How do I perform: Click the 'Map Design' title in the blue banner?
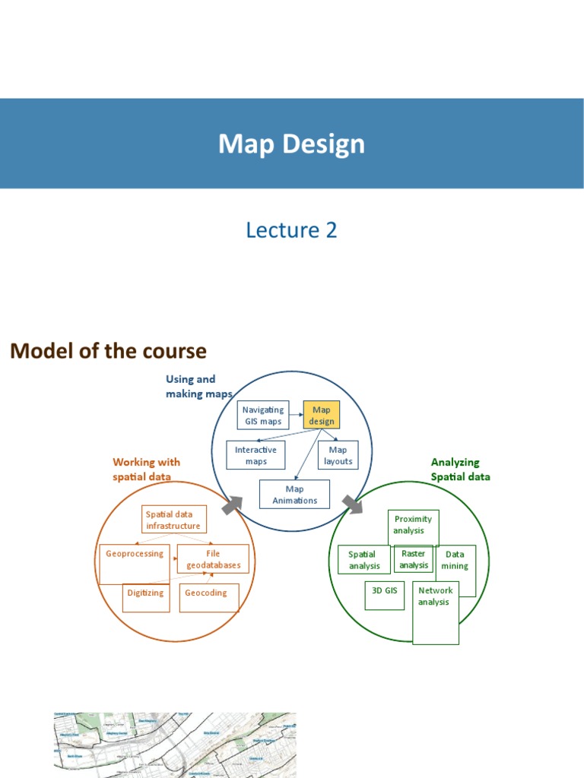tap(291, 144)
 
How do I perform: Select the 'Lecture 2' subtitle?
tap(291, 229)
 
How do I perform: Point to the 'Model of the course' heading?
tap(108, 351)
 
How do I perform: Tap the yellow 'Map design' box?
tap(322, 415)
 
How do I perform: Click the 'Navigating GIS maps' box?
tap(263, 415)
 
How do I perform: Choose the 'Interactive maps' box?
tap(255, 455)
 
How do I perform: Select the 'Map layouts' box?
tap(338, 455)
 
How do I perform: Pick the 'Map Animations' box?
tap(294, 494)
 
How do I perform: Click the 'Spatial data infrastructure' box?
tap(173, 520)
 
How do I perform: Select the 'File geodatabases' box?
tap(213, 559)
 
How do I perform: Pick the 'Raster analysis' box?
tap(414, 559)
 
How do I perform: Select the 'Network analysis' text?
tap(434, 596)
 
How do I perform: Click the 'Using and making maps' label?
tap(191, 386)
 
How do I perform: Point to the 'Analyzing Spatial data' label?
tap(460, 469)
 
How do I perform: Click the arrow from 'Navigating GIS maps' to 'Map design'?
tap(296, 415)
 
